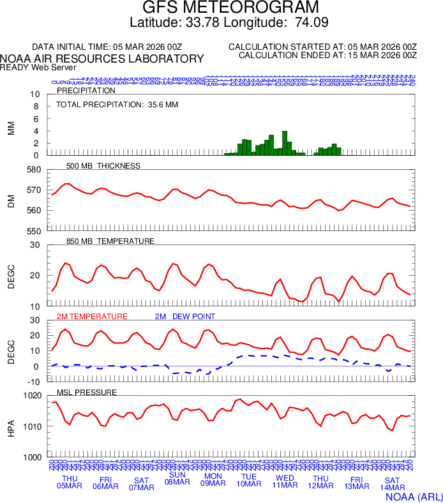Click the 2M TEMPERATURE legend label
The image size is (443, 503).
coord(92,316)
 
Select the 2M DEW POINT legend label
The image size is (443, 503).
coord(185,316)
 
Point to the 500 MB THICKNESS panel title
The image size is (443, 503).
coord(103,166)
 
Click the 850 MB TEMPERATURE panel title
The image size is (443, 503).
coord(110,241)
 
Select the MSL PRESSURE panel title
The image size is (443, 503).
coord(87,391)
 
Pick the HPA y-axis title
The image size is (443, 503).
coord(11,426)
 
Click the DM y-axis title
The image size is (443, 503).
coord(11,200)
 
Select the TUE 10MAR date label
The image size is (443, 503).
coord(249,480)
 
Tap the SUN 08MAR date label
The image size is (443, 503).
coord(177,478)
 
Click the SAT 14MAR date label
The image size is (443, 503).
coord(392,483)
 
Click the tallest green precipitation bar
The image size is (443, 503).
coord(285,143)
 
